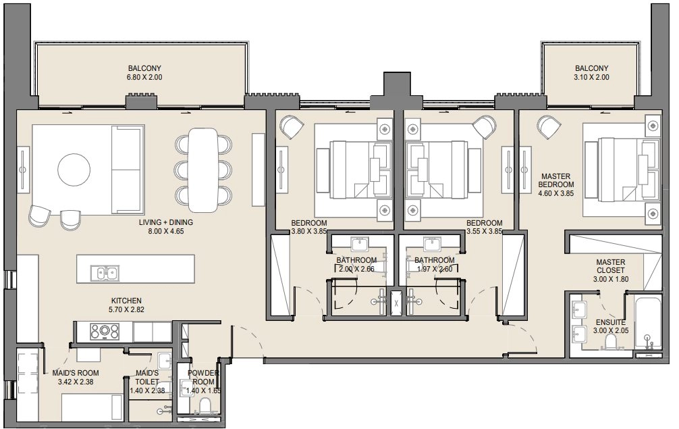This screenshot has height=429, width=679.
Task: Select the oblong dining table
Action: click(203, 168)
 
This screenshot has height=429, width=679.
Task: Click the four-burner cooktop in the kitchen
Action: click(105, 332)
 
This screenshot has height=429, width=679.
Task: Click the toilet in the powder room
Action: click(205, 407)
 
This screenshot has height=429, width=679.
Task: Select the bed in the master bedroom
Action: click(618, 168)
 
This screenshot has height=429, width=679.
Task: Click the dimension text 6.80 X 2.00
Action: click(145, 78)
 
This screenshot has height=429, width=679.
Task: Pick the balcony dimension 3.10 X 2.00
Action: click(591, 78)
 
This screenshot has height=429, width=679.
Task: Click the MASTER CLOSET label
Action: click(610, 266)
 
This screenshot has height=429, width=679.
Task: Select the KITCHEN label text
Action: click(126, 301)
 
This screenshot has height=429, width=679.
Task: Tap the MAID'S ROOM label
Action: click(76, 373)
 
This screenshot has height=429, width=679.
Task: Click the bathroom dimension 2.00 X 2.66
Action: click(356, 269)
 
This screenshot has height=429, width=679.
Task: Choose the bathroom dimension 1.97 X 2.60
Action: click(434, 269)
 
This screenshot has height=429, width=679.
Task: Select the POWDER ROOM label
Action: click(204, 377)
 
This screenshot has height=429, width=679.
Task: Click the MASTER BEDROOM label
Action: click(555, 180)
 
